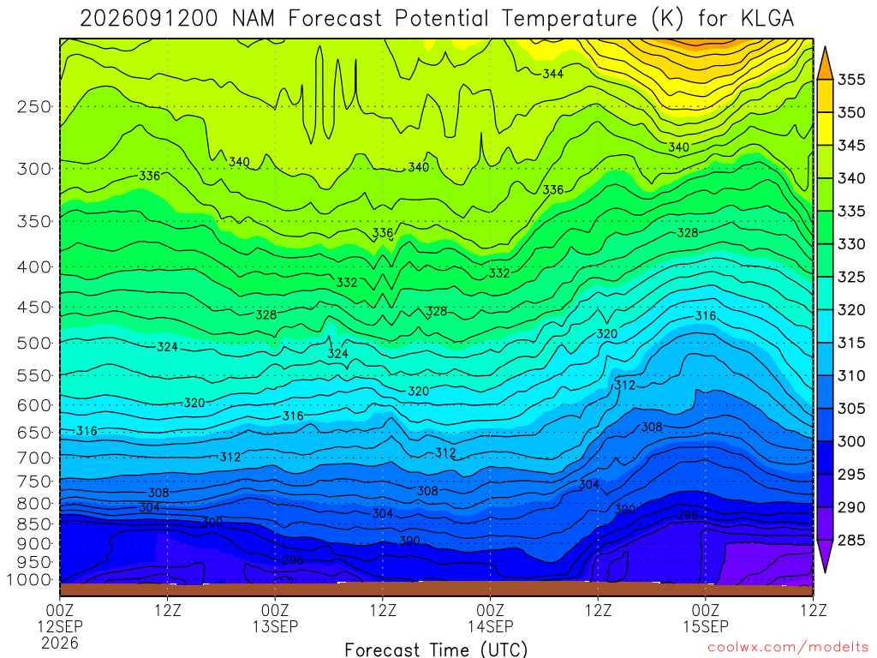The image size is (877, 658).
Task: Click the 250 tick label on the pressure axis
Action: pyautogui.click(x=34, y=106)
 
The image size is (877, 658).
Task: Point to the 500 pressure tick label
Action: pyautogui.click(x=34, y=343)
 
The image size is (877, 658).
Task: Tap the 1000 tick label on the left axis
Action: pyautogui.click(x=30, y=580)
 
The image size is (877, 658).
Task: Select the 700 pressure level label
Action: pyautogui.click(x=34, y=458)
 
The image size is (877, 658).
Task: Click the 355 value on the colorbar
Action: pyautogui.click(x=851, y=80)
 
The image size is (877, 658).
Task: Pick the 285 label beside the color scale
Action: pyautogui.click(x=851, y=540)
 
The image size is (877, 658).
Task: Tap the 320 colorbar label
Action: pyautogui.click(x=851, y=309)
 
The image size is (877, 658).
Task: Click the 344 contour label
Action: pyautogui.click(x=552, y=74)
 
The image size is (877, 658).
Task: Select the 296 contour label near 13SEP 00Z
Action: pyautogui.click(x=293, y=559)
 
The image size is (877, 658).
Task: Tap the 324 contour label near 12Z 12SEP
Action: pyautogui.click(x=167, y=347)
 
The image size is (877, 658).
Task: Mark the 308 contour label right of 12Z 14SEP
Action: pyautogui.click(x=652, y=427)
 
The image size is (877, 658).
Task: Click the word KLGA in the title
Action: pyautogui.click(x=767, y=19)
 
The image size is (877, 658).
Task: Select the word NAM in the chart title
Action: pyautogui.click(x=254, y=19)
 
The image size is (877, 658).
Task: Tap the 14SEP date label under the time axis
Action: pyautogui.click(x=491, y=626)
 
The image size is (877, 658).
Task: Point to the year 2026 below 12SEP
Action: pyautogui.click(x=60, y=643)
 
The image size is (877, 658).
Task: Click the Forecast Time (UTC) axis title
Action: pyautogui.click(x=436, y=649)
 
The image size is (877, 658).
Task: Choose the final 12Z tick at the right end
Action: pyautogui.click(x=813, y=609)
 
